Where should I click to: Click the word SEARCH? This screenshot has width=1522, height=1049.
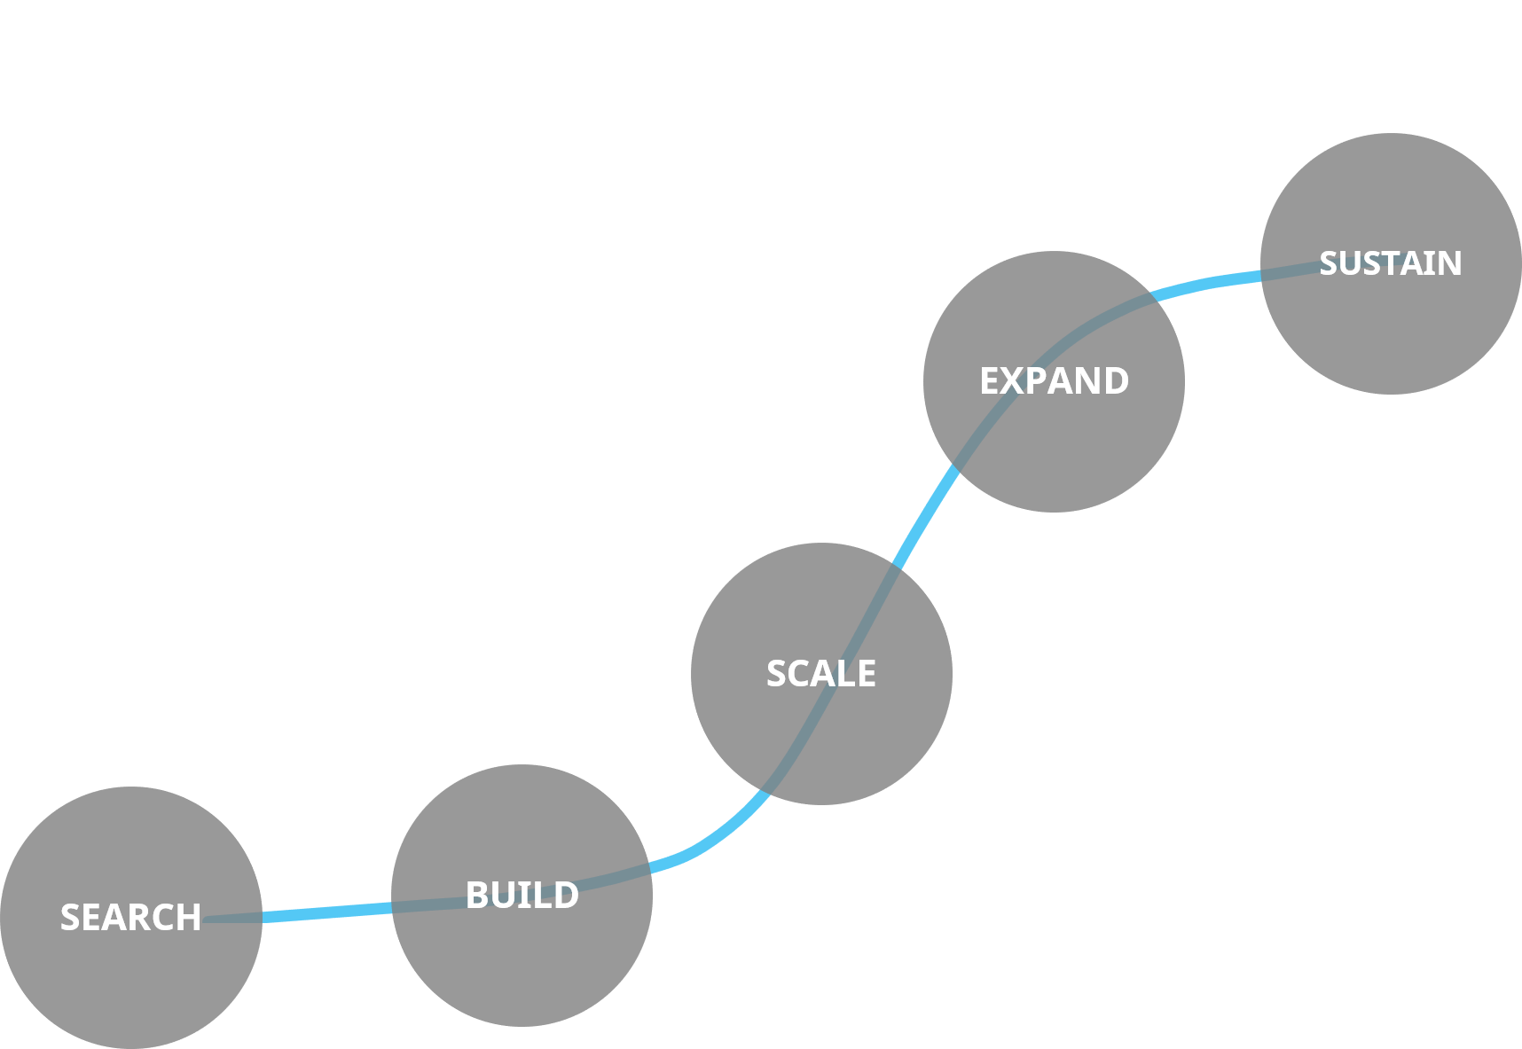130,918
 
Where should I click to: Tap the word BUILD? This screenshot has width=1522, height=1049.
522,896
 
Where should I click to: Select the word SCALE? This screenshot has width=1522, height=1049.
820,674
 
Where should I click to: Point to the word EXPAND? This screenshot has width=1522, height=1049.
1054,381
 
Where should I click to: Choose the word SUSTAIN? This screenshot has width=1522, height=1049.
1390,263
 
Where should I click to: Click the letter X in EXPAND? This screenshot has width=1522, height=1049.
1014,381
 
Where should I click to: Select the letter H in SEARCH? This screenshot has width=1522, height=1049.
188,918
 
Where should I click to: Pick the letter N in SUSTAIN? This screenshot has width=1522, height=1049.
1448,263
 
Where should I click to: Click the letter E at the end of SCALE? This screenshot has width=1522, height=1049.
866,674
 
